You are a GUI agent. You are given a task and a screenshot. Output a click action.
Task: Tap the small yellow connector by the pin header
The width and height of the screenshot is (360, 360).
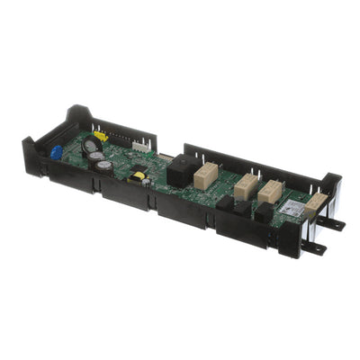(x=100, y=137)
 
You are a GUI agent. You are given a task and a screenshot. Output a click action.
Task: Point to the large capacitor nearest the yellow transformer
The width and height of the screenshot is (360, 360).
(x=106, y=166)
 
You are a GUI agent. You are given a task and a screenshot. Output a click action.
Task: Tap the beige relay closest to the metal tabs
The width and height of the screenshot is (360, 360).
(x=314, y=207)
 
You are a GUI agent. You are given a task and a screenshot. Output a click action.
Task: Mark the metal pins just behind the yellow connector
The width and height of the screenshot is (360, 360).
(x=113, y=135)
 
